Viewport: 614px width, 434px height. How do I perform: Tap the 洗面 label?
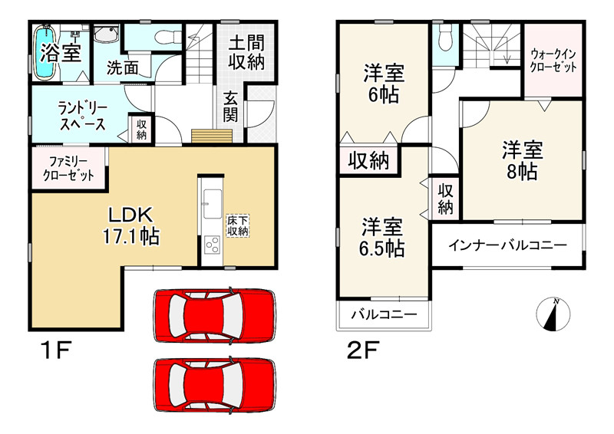point(122,68)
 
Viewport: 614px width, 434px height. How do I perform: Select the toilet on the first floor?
point(163,37)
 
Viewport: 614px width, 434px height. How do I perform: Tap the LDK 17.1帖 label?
point(131,225)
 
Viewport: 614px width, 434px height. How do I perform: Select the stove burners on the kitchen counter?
point(210,246)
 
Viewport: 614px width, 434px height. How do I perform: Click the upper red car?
point(214,315)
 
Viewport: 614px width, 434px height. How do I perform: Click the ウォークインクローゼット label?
point(553,61)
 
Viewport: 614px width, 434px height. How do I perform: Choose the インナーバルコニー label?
point(507,245)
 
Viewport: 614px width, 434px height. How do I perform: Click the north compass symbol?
point(554,314)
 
